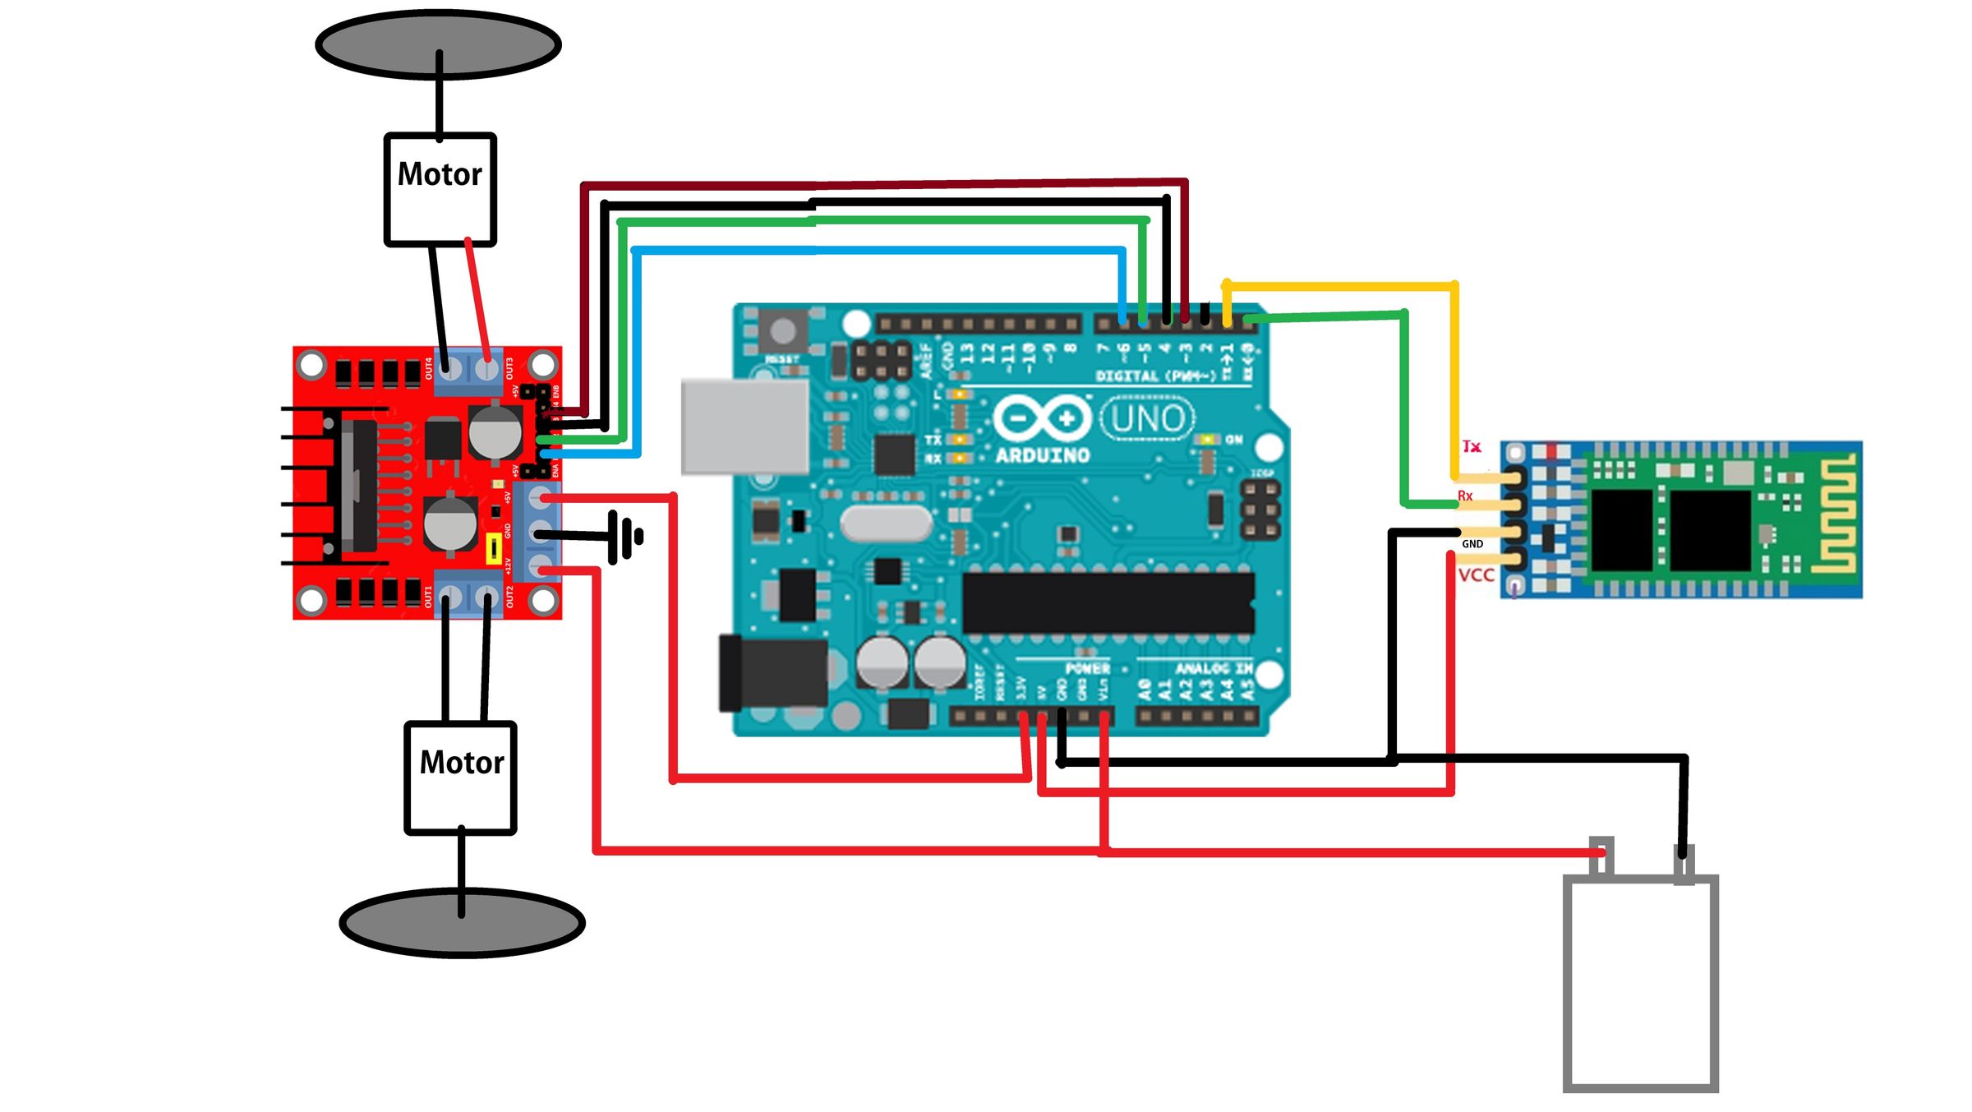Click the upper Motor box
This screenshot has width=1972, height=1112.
click(440, 189)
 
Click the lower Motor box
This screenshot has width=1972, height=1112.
click(461, 777)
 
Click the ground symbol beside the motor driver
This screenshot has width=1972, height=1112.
click(625, 537)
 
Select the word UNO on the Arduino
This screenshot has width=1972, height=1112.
click(1147, 418)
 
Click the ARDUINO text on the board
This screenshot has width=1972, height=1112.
click(1043, 454)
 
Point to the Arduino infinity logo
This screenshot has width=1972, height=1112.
click(1042, 418)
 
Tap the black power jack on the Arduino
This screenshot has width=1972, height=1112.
click(773, 673)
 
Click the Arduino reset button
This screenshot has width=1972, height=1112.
click(782, 331)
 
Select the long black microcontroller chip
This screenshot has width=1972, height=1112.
click(1108, 602)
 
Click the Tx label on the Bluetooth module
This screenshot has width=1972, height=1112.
click(1472, 446)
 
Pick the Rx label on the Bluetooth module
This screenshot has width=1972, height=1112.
click(1465, 496)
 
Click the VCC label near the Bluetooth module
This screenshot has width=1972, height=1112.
click(1476, 575)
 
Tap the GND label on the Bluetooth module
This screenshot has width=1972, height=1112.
click(1472, 544)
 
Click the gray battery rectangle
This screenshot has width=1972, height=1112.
click(1640, 983)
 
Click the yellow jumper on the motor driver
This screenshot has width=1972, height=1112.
click(494, 548)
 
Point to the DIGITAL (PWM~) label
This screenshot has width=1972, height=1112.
click(1155, 376)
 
